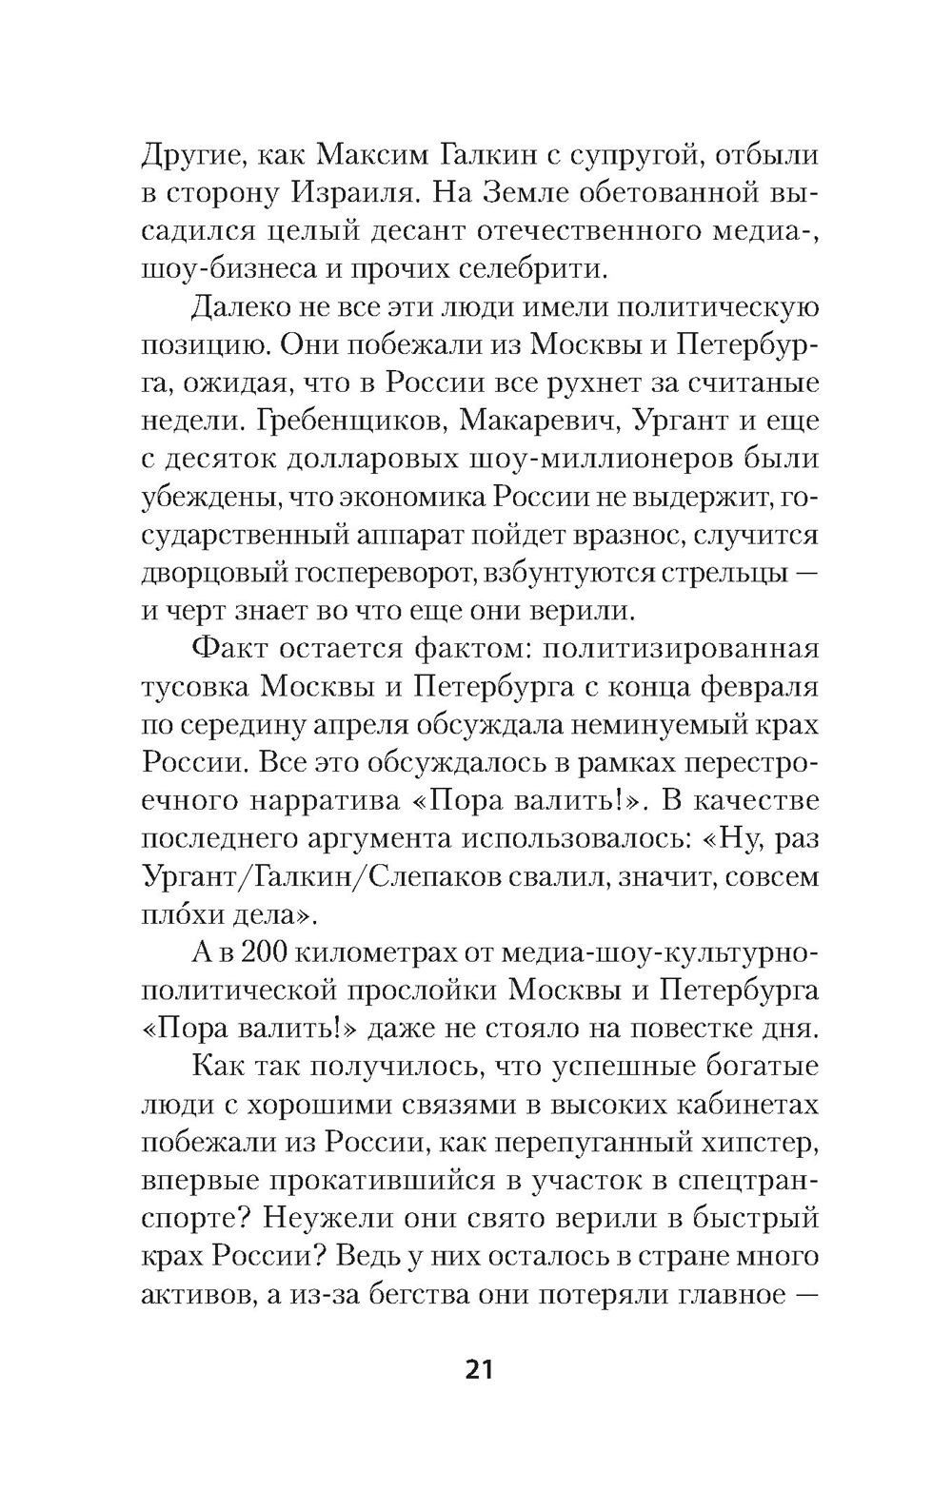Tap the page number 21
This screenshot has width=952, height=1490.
(x=479, y=1370)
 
